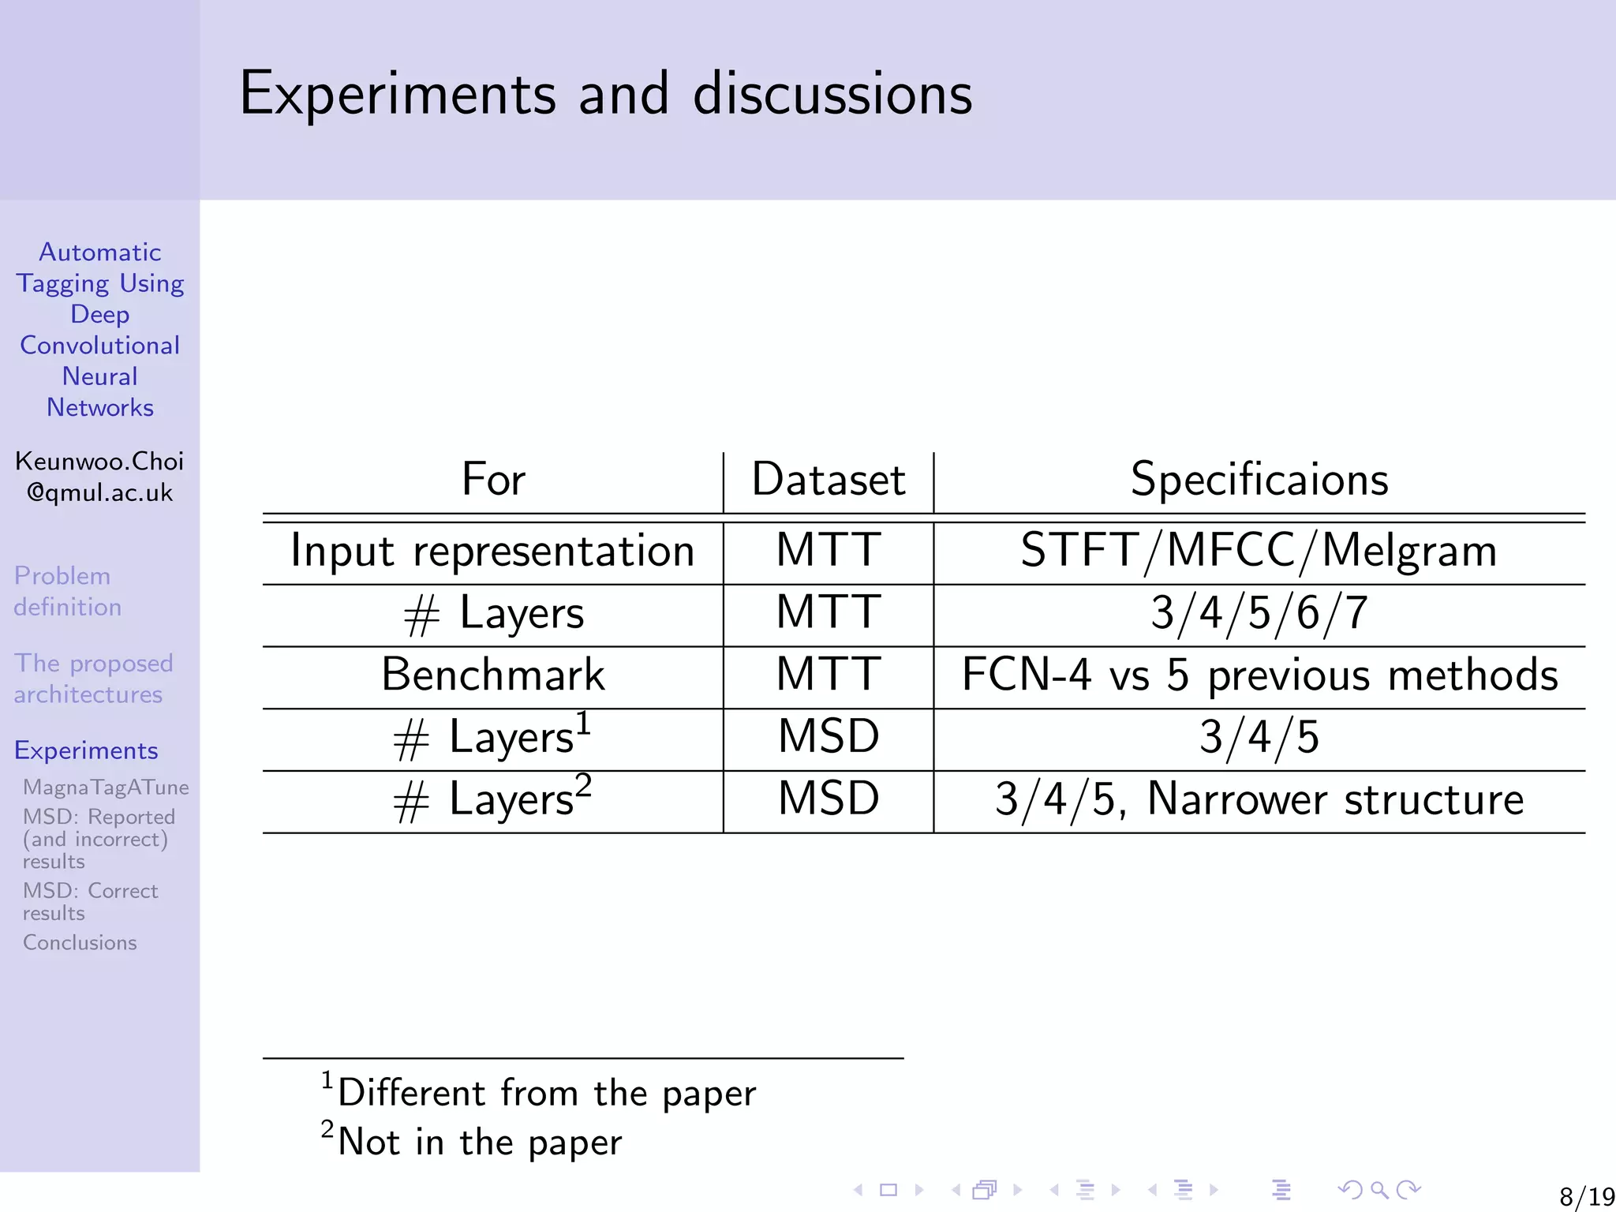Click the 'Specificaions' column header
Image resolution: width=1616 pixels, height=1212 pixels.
(1259, 479)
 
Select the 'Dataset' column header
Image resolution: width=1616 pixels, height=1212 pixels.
(828, 479)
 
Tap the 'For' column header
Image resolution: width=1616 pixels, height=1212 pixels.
(493, 479)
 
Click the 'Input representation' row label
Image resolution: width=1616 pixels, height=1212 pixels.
(492, 551)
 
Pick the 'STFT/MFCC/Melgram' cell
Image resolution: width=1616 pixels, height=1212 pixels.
(1259, 551)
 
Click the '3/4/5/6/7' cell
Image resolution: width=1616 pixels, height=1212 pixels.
(1259, 613)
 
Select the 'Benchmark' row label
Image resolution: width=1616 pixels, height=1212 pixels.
(492, 675)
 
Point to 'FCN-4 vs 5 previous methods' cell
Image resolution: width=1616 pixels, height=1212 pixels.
(1259, 675)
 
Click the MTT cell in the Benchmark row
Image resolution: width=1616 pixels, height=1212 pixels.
(828, 675)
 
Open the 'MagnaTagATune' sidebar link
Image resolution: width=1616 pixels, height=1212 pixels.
(106, 787)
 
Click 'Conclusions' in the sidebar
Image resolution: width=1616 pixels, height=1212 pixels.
(80, 943)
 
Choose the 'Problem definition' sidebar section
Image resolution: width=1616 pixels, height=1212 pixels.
(68, 591)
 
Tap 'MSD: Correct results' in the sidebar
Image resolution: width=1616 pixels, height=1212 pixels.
(90, 902)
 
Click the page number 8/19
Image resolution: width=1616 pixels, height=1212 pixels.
(1587, 1196)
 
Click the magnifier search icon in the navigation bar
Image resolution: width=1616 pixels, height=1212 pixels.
(1379, 1190)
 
